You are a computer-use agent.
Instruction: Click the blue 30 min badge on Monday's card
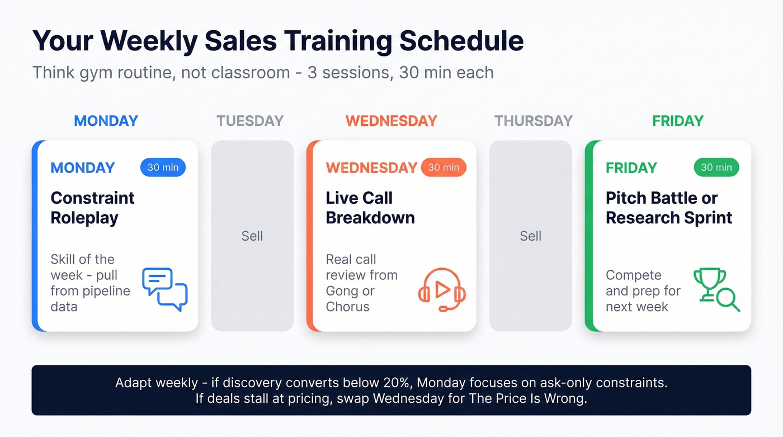tap(163, 167)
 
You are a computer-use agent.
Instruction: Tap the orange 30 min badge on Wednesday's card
tap(444, 167)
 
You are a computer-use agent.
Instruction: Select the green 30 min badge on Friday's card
tap(716, 167)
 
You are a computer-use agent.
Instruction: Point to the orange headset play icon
tap(442, 289)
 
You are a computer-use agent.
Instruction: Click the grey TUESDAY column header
tap(250, 121)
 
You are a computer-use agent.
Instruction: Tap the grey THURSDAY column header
tap(534, 121)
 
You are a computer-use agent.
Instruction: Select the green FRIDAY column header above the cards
tap(678, 121)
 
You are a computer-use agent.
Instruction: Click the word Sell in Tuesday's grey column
tap(252, 236)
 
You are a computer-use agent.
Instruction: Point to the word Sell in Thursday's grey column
tap(531, 236)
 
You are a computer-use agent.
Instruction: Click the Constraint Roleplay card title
tap(92, 208)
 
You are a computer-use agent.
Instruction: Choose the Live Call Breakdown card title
tap(370, 208)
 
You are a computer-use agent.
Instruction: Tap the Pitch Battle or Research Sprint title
tap(669, 208)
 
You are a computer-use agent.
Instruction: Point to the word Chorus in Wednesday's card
tap(348, 307)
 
